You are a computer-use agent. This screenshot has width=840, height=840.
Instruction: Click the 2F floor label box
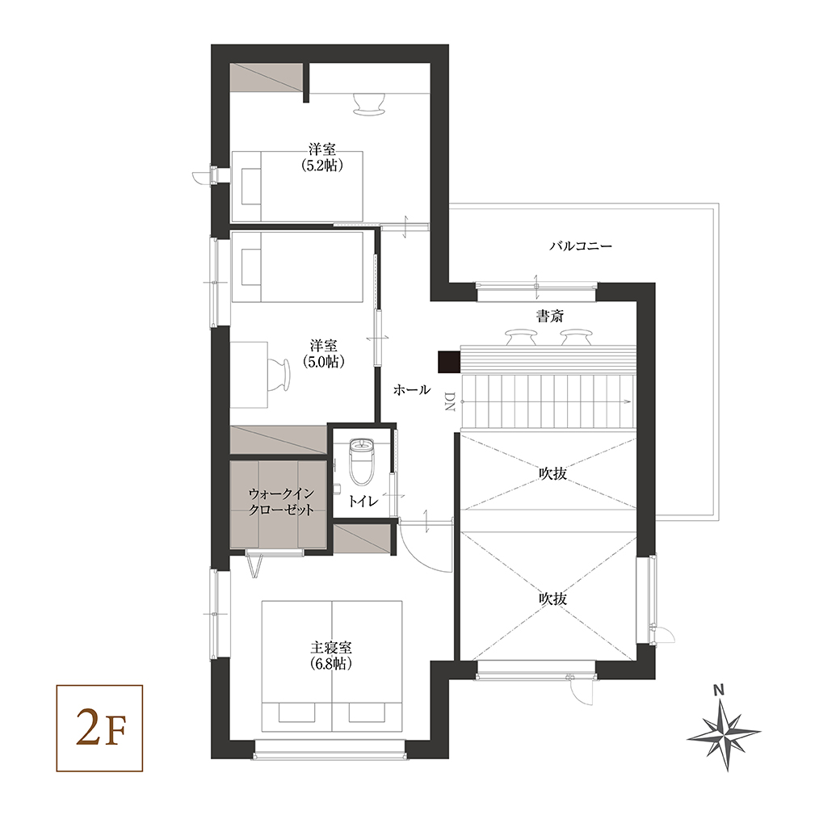(x=99, y=728)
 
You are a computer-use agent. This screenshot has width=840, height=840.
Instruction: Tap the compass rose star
(x=724, y=736)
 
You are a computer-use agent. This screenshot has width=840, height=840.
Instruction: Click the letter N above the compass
(x=719, y=690)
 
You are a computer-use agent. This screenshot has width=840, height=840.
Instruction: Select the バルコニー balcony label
(x=581, y=246)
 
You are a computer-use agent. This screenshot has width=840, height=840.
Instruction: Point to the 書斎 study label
(x=550, y=316)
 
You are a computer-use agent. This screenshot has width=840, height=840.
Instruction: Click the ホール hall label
(x=411, y=389)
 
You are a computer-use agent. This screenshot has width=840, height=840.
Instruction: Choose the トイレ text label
(x=363, y=502)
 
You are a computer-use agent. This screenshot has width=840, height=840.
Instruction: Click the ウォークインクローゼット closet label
(x=281, y=502)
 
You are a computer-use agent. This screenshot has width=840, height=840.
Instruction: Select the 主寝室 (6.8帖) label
(x=331, y=656)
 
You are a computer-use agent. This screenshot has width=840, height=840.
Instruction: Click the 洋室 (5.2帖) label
(x=322, y=157)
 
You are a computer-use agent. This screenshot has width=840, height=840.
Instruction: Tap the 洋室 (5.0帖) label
(x=324, y=354)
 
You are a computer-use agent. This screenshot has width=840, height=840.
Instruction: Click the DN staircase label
(x=449, y=401)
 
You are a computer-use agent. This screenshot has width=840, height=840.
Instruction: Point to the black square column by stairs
(x=449, y=362)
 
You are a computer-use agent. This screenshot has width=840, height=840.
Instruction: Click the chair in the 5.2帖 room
(x=369, y=103)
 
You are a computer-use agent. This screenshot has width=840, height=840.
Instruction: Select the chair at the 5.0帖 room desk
(x=278, y=374)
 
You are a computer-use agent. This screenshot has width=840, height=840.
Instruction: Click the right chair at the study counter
(x=576, y=337)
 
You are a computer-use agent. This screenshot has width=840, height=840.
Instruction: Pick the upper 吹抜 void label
(x=552, y=473)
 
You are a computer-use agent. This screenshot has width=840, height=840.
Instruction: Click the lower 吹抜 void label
(x=552, y=598)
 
